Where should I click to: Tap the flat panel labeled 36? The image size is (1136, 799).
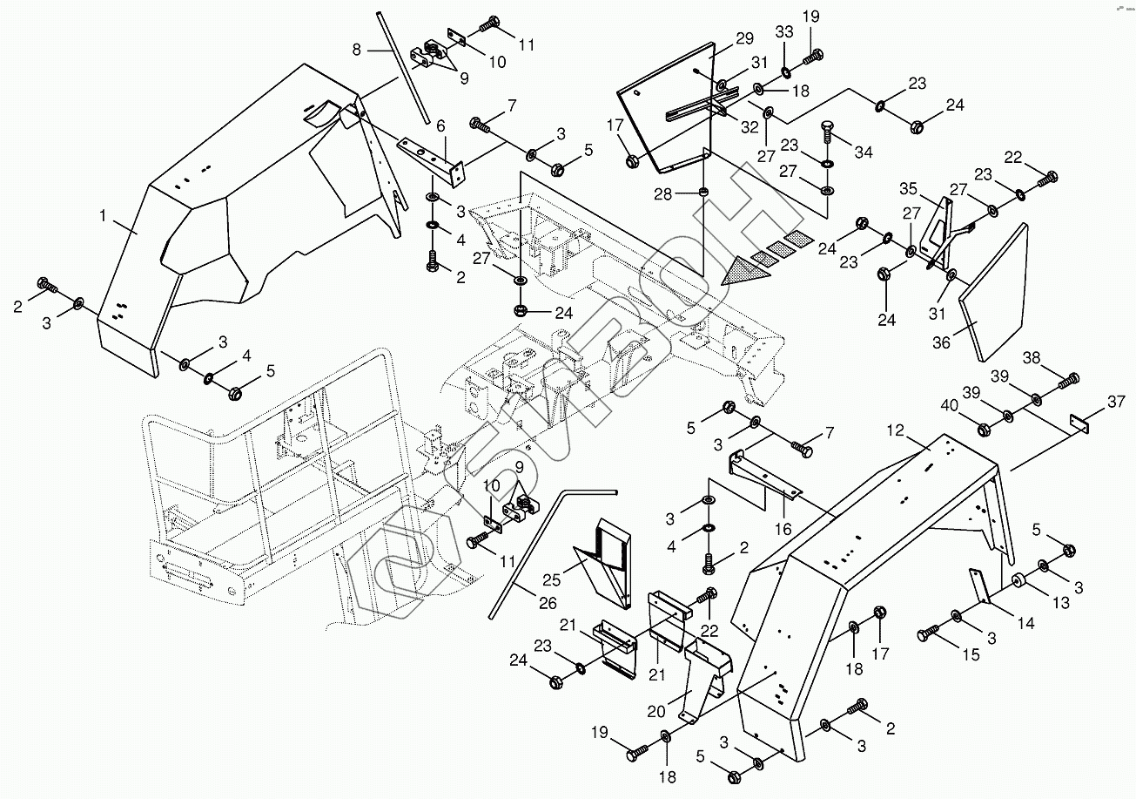[x=995, y=292]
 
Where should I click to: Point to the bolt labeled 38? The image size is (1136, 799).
[x=1069, y=379]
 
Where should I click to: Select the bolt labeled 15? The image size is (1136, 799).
[x=926, y=634]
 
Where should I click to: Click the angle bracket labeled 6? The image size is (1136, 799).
[x=432, y=157]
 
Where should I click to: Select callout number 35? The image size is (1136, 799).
[x=909, y=189]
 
